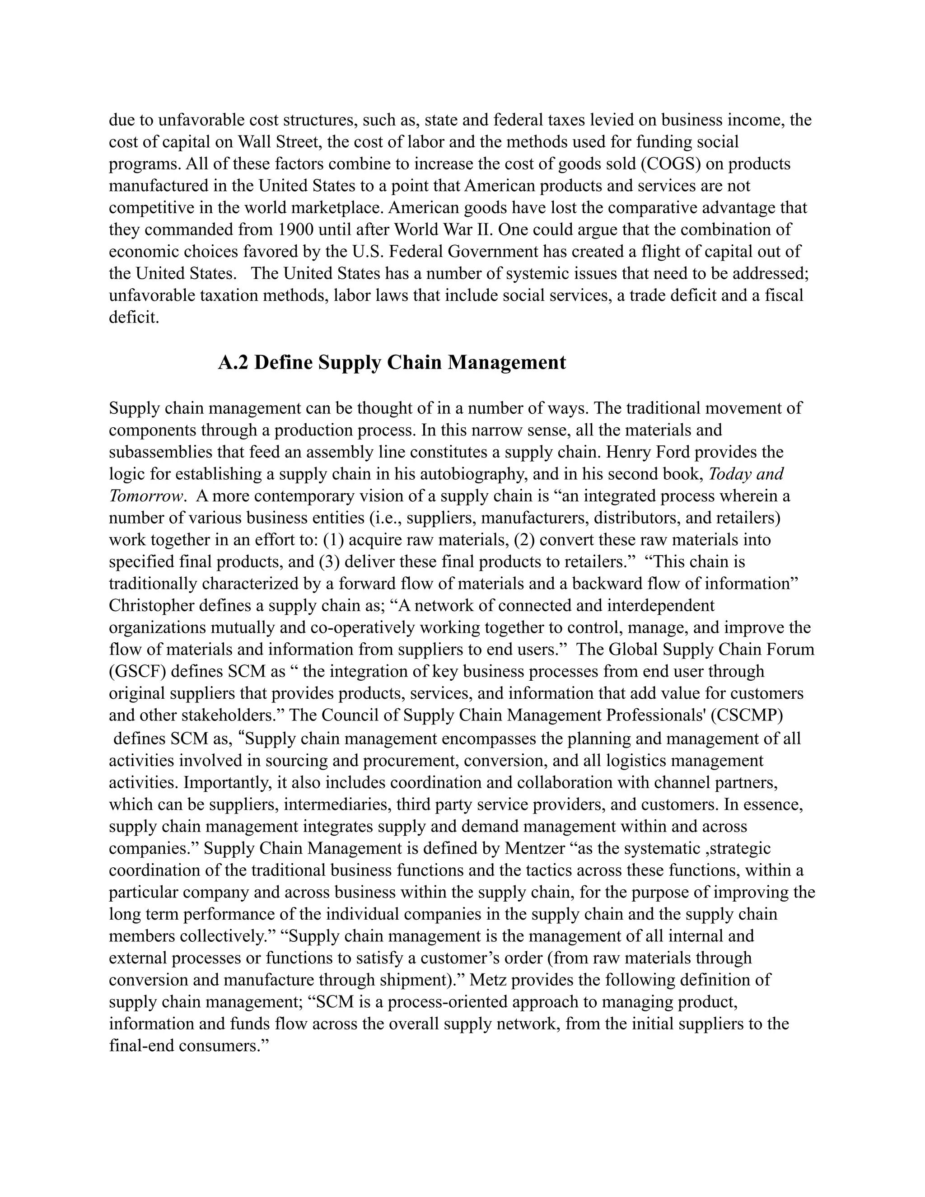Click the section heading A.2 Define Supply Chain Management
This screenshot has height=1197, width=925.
tap(392, 363)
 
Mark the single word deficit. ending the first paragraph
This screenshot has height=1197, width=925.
tap(134, 318)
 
